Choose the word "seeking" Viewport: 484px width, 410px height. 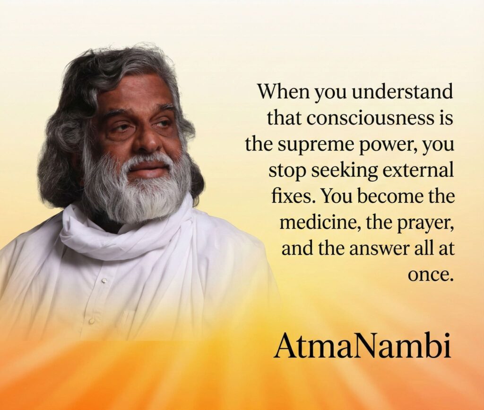pyautogui.click(x=345, y=171)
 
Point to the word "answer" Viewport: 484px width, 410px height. pyautogui.click(x=380, y=249)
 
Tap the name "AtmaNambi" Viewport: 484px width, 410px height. pyautogui.click(x=362, y=345)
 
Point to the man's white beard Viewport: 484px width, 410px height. pyautogui.click(x=136, y=188)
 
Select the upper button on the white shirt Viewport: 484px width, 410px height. pyautogui.click(x=104, y=281)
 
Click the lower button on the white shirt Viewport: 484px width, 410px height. pyautogui.click(x=91, y=321)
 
